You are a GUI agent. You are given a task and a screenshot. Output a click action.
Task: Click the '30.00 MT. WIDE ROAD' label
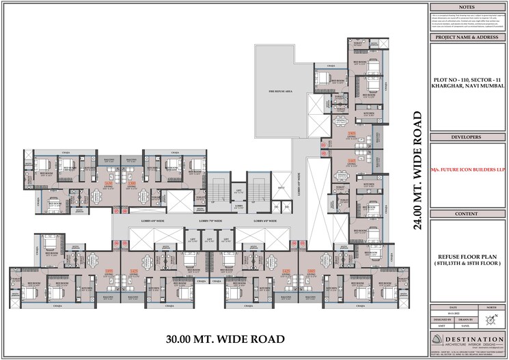click(x=225, y=339)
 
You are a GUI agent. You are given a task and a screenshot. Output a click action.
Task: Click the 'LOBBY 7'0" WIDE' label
click(x=212, y=221)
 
